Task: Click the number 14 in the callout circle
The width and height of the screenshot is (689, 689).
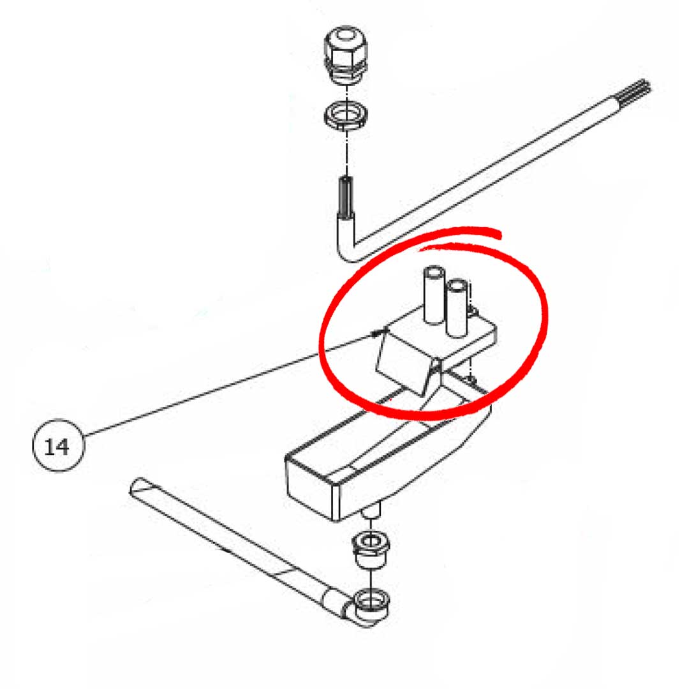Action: (57, 447)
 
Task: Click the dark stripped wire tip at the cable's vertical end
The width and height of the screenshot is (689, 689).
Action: (346, 195)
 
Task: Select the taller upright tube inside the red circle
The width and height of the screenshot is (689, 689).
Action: (433, 295)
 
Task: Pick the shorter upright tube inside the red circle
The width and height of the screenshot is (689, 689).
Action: (456, 308)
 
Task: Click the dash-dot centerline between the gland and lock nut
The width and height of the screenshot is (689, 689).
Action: (347, 93)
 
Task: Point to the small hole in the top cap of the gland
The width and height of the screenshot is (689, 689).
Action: (346, 34)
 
